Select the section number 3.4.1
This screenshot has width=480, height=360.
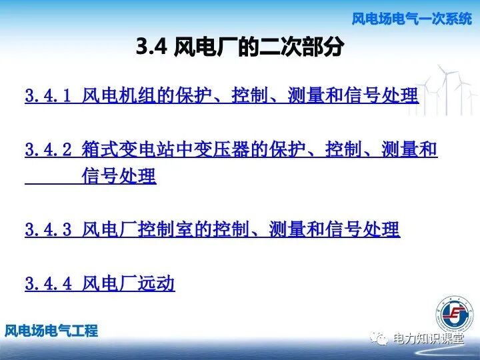tap(48, 95)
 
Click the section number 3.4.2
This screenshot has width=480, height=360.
tap(48, 149)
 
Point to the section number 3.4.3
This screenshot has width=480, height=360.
tap(48, 230)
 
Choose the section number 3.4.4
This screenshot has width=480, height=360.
tap(48, 284)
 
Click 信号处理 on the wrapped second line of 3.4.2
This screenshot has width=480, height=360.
tap(119, 177)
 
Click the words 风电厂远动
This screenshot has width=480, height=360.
tap(129, 284)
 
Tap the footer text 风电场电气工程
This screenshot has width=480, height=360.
tap(51, 330)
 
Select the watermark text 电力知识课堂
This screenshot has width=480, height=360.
tap(428, 338)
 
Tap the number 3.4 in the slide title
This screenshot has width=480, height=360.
tap(151, 47)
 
